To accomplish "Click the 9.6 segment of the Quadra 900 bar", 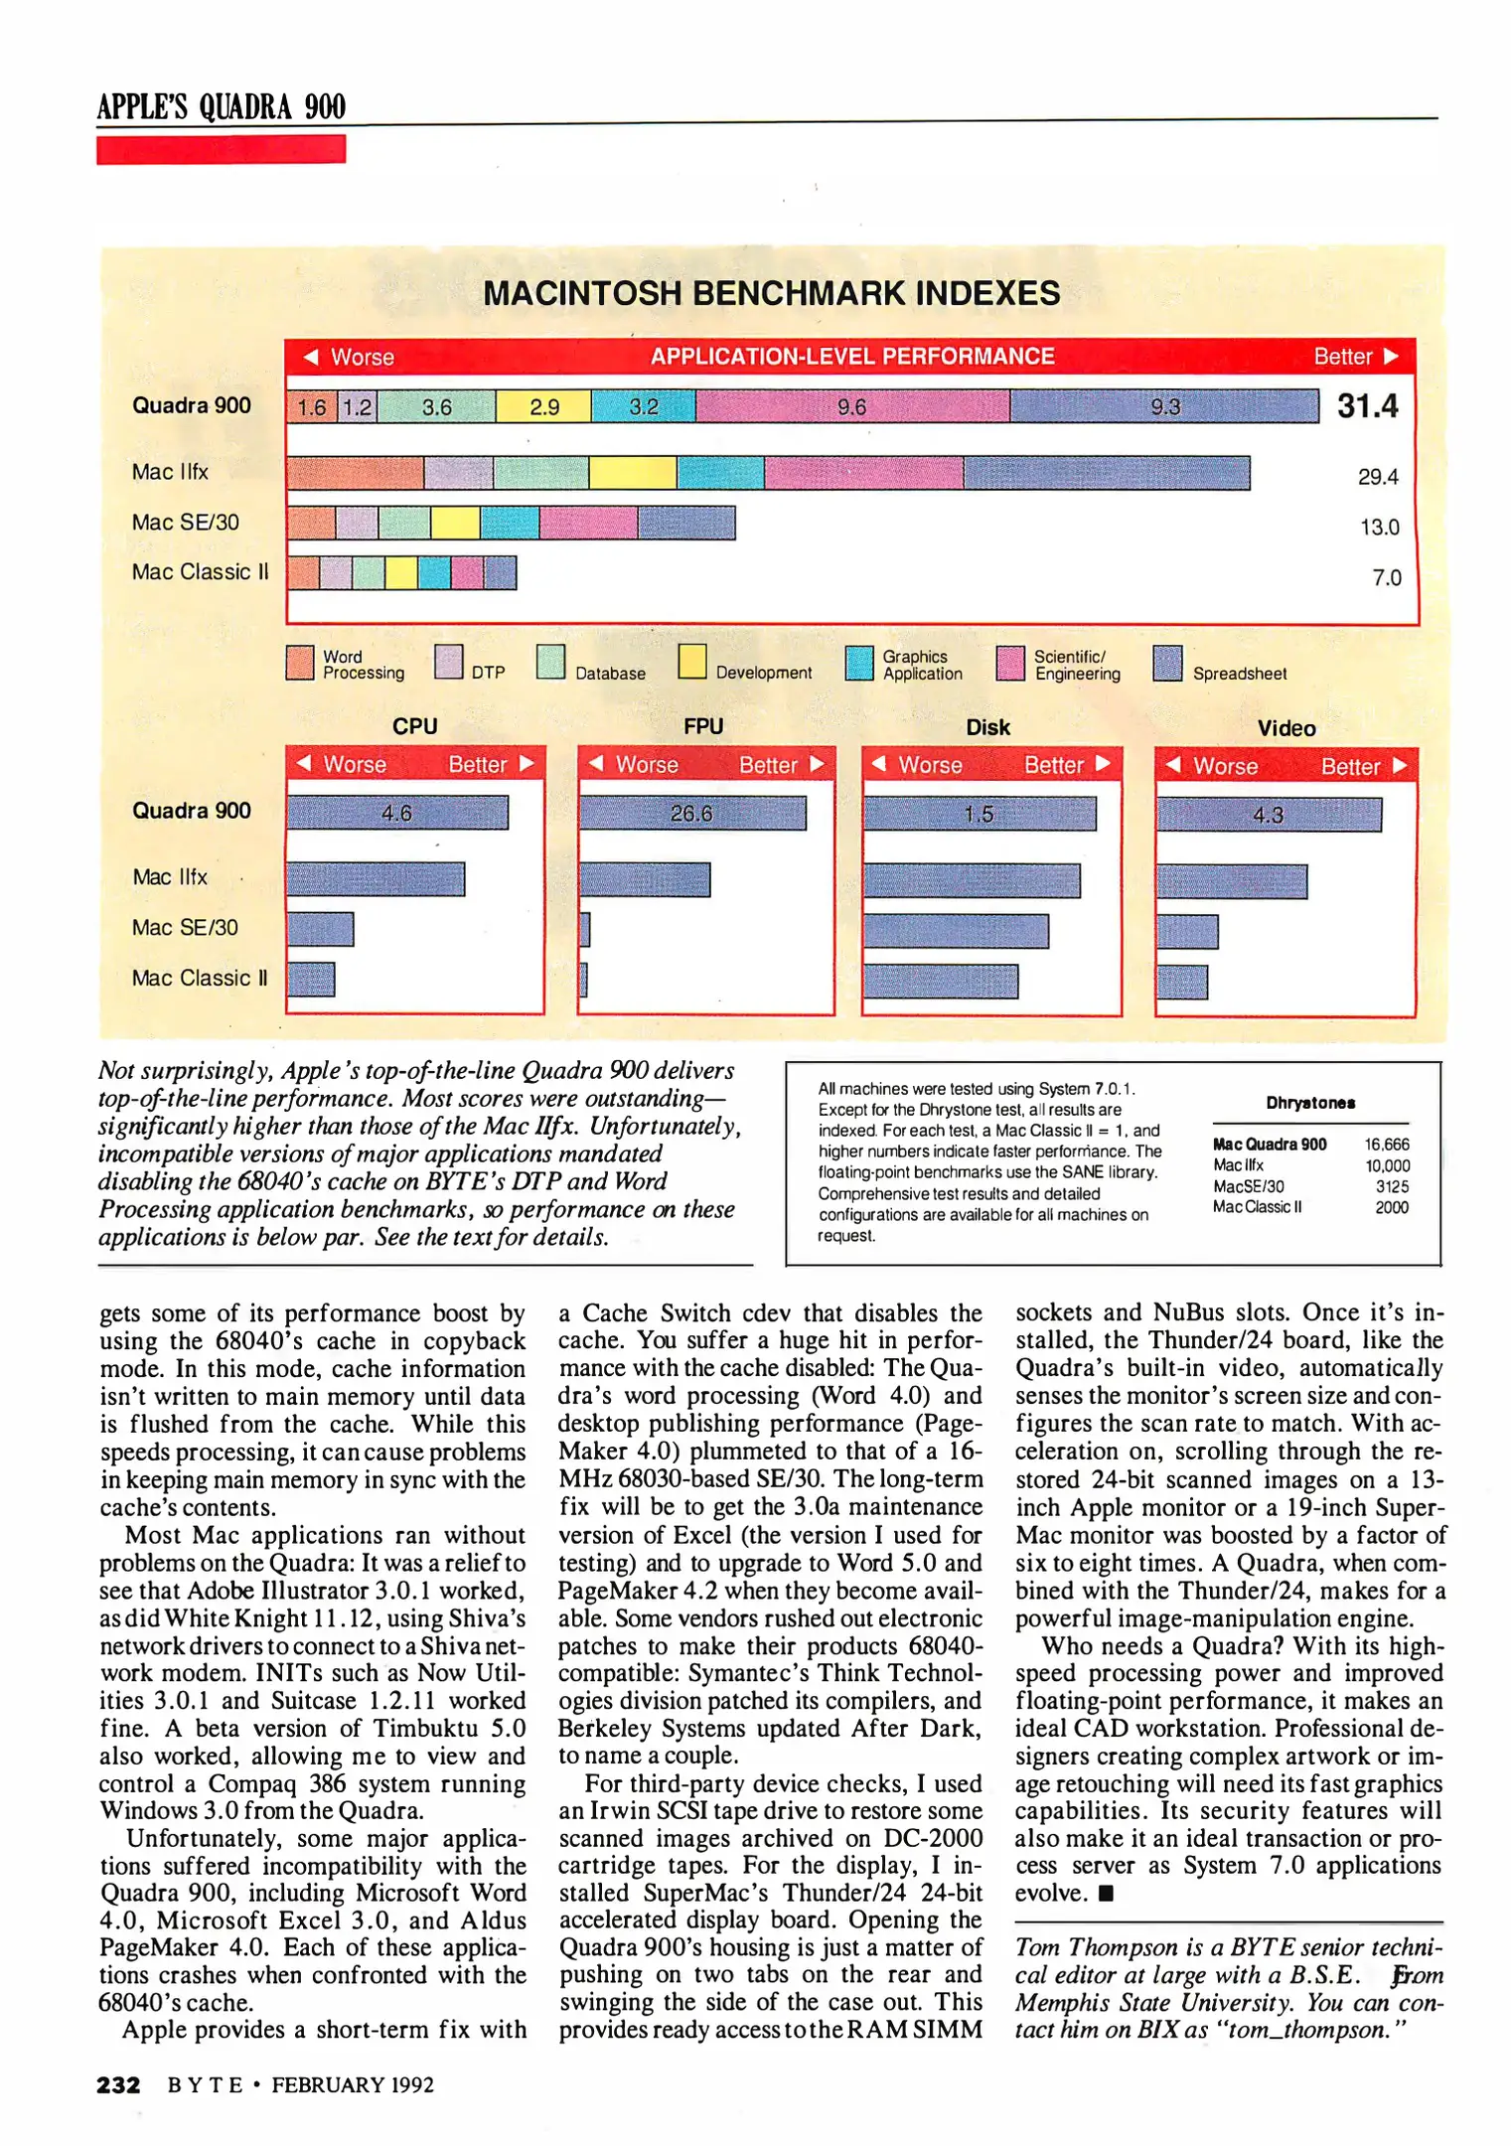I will click(852, 406).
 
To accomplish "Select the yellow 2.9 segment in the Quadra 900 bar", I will click(543, 406).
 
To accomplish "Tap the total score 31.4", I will click(1367, 405).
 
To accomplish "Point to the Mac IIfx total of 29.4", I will click(1378, 477).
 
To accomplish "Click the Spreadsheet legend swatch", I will click(1167, 663).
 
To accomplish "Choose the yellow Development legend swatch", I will click(692, 661).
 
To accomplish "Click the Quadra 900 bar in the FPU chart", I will click(691, 813).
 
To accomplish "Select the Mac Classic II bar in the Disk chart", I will click(940, 982).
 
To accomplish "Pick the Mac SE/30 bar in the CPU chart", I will click(320, 929).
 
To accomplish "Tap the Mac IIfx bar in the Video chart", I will click(1232, 881).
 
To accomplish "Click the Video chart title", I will click(1286, 728).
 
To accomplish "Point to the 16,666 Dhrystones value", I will click(1387, 1145).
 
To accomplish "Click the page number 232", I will click(118, 2084).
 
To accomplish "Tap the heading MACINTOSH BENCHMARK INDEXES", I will click(771, 293).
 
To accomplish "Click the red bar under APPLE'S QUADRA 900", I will click(221, 149).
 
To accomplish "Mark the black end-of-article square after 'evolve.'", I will click(1107, 1894).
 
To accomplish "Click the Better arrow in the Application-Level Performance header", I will click(1392, 356).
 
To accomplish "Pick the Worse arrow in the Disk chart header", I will click(878, 763).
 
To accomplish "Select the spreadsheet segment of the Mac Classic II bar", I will click(500, 572).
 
